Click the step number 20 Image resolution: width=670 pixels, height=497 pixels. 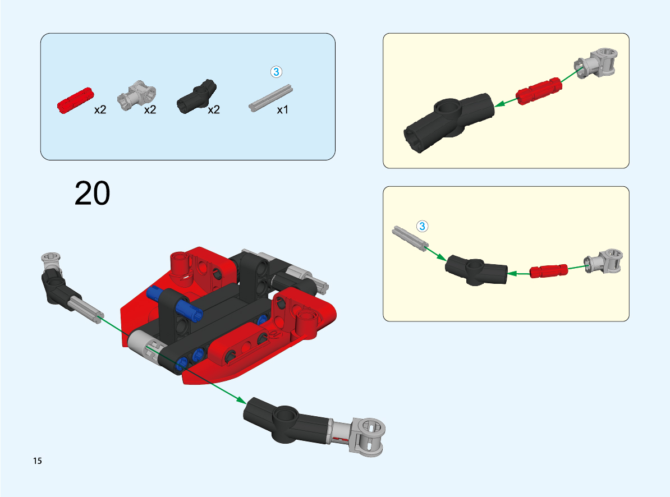tap(92, 194)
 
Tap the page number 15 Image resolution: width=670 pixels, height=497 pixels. tap(38, 461)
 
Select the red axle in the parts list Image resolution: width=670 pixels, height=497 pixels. tap(76, 100)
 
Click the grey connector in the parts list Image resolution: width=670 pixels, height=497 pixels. tap(137, 95)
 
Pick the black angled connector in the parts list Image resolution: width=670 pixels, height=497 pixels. tap(196, 96)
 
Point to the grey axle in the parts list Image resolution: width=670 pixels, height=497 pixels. tap(270, 98)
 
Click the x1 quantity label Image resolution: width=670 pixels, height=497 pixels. tap(282, 110)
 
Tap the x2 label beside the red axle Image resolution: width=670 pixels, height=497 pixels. tap(100, 110)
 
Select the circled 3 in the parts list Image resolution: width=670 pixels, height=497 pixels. tap(277, 72)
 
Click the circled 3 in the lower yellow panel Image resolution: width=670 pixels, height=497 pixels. tap(422, 226)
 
